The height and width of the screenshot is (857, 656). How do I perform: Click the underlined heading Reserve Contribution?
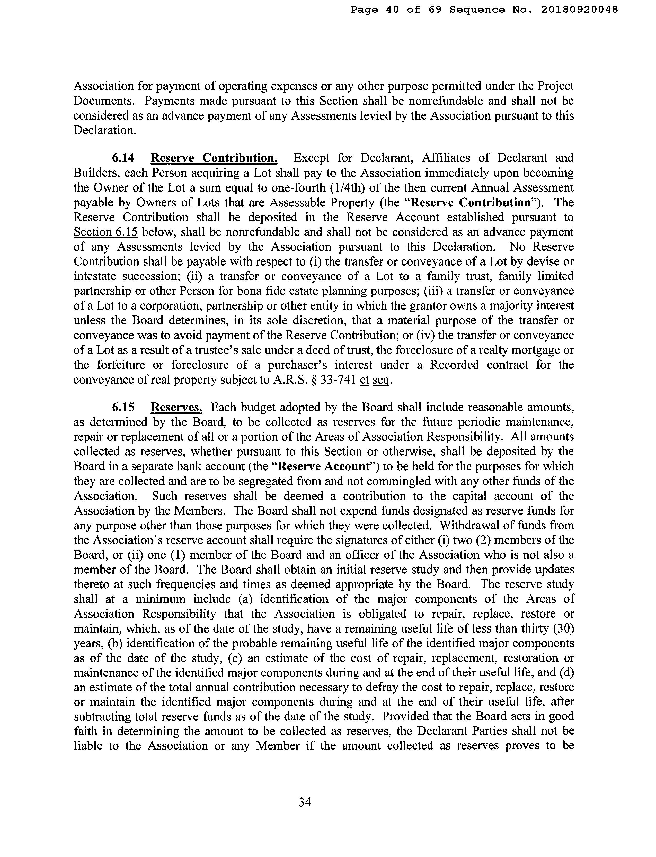point(214,158)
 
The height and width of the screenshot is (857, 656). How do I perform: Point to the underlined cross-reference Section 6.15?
point(105,232)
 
